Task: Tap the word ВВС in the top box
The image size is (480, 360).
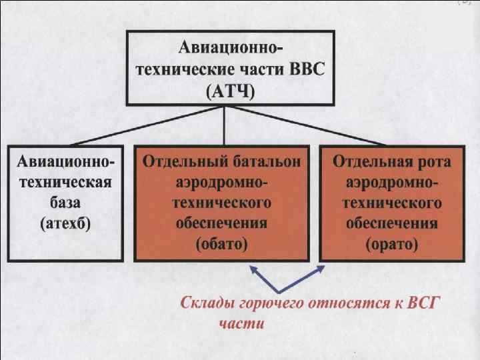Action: pyautogui.click(x=303, y=69)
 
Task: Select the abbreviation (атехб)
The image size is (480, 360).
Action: pyautogui.click(x=65, y=223)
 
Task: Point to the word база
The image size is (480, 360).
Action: pyautogui.click(x=65, y=203)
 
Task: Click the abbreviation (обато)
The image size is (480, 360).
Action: pyautogui.click(x=222, y=244)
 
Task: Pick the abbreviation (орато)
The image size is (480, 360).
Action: pyautogui.click(x=392, y=244)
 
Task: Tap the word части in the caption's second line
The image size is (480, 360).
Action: pyautogui.click(x=241, y=325)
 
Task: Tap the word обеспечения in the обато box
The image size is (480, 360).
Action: pyautogui.click(x=222, y=223)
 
